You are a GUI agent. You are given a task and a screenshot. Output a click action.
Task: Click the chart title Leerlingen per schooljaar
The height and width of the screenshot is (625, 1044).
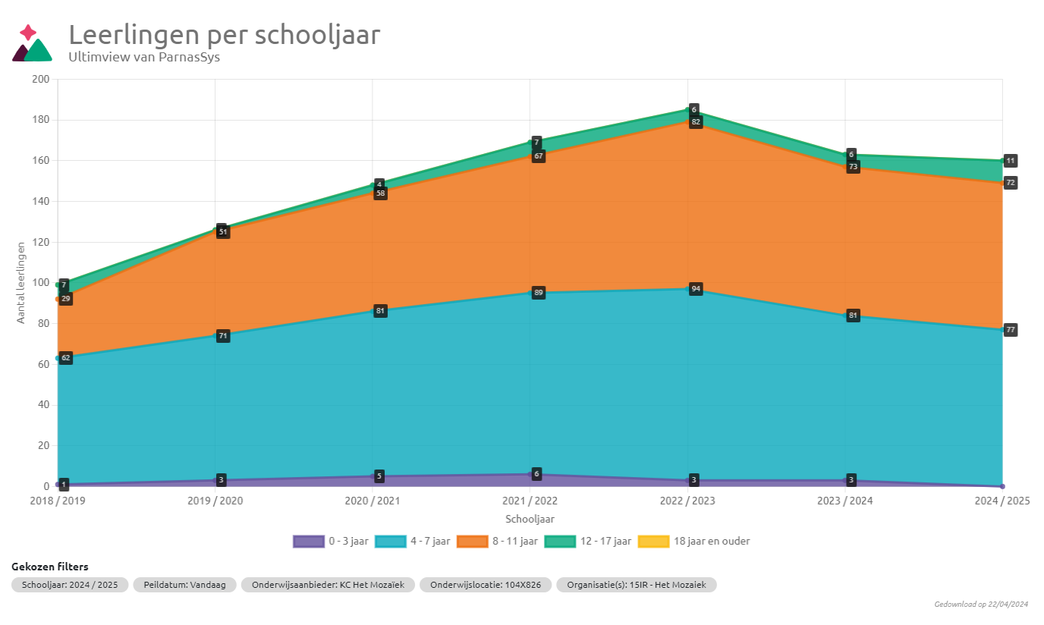pos(225,35)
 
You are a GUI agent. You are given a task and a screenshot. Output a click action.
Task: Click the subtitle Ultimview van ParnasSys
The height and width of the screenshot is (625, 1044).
pos(144,57)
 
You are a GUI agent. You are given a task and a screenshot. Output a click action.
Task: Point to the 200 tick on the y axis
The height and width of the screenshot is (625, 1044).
pos(41,80)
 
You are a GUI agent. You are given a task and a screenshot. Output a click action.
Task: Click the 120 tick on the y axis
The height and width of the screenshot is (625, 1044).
pos(41,242)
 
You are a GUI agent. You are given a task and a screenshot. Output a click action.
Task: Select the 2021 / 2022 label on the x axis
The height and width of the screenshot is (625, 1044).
pos(530,501)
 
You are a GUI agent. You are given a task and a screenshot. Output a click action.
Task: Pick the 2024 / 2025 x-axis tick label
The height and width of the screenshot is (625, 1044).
pos(1002,501)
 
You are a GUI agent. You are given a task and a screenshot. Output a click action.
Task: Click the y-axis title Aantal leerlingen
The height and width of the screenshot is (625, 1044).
pos(21,282)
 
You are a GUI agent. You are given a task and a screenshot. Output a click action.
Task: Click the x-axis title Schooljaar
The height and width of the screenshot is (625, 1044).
pos(530,519)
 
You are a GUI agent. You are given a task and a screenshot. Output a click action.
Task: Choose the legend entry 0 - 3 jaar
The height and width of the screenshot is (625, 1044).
pos(332,542)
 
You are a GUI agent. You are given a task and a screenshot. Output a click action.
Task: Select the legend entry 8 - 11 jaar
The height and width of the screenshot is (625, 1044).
pos(497,542)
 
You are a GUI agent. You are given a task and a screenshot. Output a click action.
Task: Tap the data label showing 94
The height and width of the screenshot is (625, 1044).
pos(696,289)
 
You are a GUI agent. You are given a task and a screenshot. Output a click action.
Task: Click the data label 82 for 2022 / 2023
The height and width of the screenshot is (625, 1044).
pos(696,122)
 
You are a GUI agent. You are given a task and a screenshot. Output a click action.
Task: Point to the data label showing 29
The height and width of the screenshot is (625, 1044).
pos(66,300)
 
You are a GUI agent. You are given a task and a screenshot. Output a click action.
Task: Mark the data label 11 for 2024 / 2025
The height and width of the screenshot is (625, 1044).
pos(1011,161)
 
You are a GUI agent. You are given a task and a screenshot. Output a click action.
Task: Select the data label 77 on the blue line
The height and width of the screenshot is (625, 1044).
pos(1011,330)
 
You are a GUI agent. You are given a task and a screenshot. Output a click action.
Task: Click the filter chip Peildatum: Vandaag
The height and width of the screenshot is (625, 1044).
pos(185,585)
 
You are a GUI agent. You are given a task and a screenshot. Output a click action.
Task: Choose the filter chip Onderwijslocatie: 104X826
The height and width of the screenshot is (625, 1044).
pos(486,585)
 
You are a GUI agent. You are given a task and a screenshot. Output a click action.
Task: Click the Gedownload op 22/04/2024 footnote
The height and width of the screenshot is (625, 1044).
pos(981,605)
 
